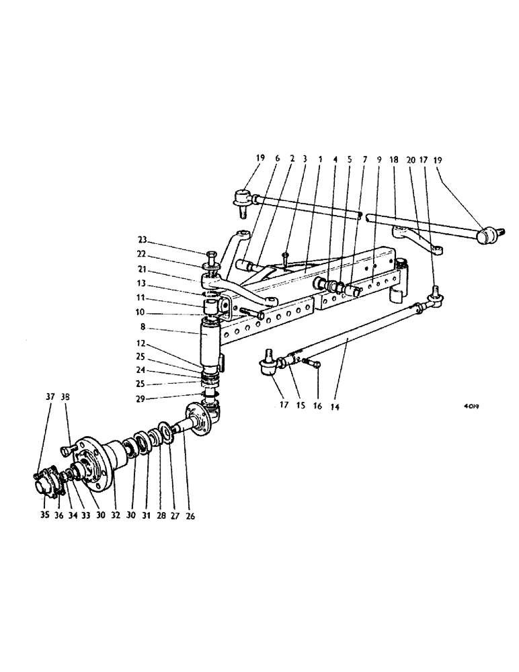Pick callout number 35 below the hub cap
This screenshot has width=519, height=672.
pyautogui.click(x=44, y=517)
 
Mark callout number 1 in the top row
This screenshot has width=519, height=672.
pyautogui.click(x=320, y=160)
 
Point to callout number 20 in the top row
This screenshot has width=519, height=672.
pyautogui.click(x=410, y=160)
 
